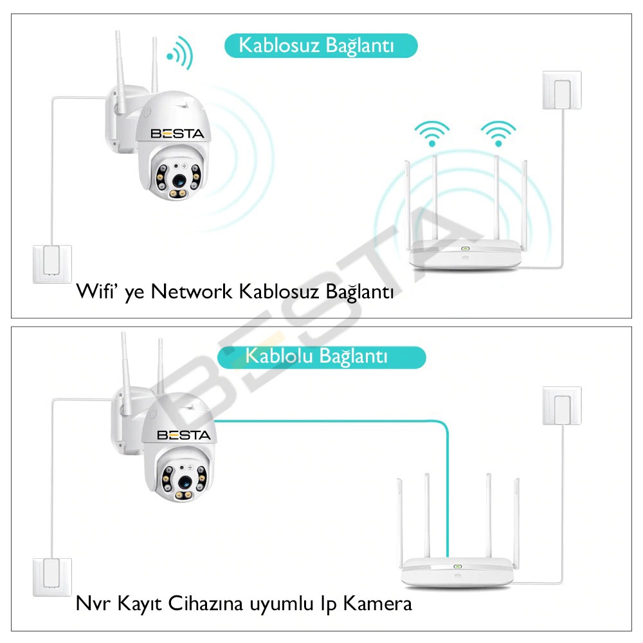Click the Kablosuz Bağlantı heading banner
tap(320, 46)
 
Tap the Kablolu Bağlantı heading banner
tap(321, 356)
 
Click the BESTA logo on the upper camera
tap(177, 134)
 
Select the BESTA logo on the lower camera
tap(183, 435)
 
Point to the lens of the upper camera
tap(176, 174)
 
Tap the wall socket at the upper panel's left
tap(52, 264)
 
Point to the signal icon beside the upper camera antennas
tap(179, 54)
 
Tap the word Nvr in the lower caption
tap(90, 604)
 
